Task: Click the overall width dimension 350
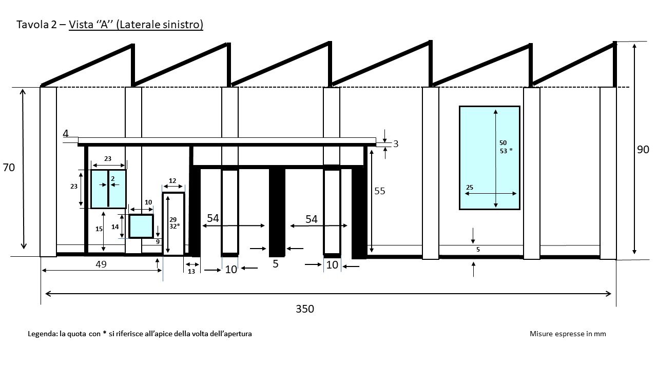coord(304,309)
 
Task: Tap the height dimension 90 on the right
coord(643,150)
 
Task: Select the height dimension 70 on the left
coord(9,168)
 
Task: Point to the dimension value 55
coord(379,191)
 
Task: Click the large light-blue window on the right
coord(489,157)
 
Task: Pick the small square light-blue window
coord(141,227)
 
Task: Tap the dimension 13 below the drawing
coord(191,271)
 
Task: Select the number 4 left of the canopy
coord(66,134)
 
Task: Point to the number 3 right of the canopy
coord(396,144)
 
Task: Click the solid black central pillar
coord(277,211)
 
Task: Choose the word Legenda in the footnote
coord(43,334)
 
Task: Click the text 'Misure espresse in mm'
coord(568,334)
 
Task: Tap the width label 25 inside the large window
coord(470,188)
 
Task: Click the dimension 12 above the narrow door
coord(172,181)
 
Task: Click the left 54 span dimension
coord(213,218)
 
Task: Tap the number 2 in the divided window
coord(112,178)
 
